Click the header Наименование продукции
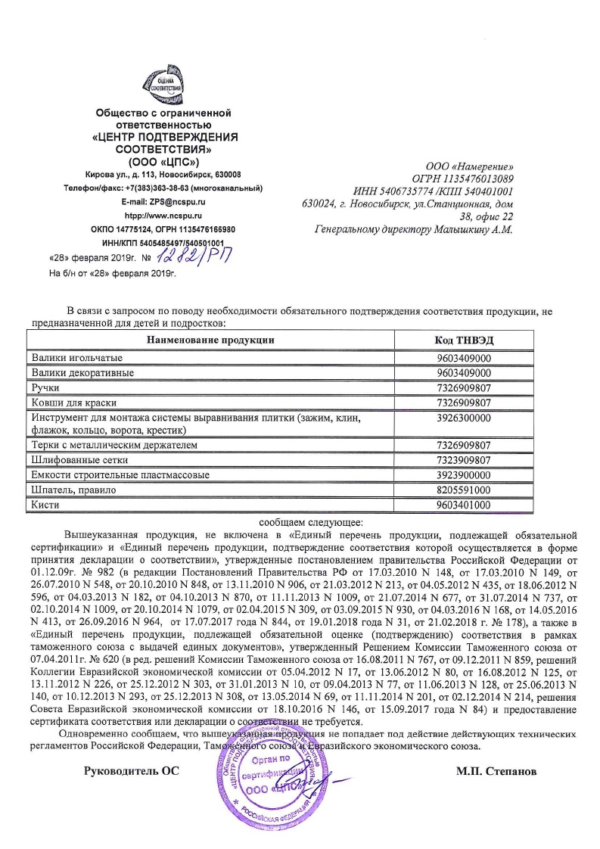(x=210, y=340)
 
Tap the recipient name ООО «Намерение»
(x=471, y=166)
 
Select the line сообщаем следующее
(x=312, y=521)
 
